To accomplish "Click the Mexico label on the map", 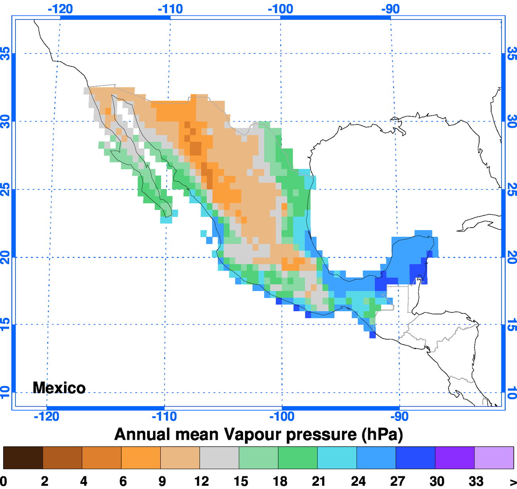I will coord(59,388).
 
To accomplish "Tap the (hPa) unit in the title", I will coord(382,434).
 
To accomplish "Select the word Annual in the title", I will coord(143,434).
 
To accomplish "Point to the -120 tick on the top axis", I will coord(60,9).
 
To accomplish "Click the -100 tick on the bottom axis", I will coord(282,417).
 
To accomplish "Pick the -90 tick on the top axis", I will coord(391,9).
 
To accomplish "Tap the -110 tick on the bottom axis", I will coord(164,417).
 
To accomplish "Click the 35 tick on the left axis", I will coord(5,53).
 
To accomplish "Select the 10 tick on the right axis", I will coord(512,392).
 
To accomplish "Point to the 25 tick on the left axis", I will coord(5,189).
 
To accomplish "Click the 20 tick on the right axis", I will coord(512,257).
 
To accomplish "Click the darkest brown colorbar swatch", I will coord(23,458).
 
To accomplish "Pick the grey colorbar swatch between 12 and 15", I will coord(219,458).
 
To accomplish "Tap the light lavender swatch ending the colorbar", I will coord(494,458).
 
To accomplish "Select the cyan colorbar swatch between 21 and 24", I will coord(337,458).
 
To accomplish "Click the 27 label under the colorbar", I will coord(397,481).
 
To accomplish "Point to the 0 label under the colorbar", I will coord(4,481).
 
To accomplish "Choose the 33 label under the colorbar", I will coord(476,481).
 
